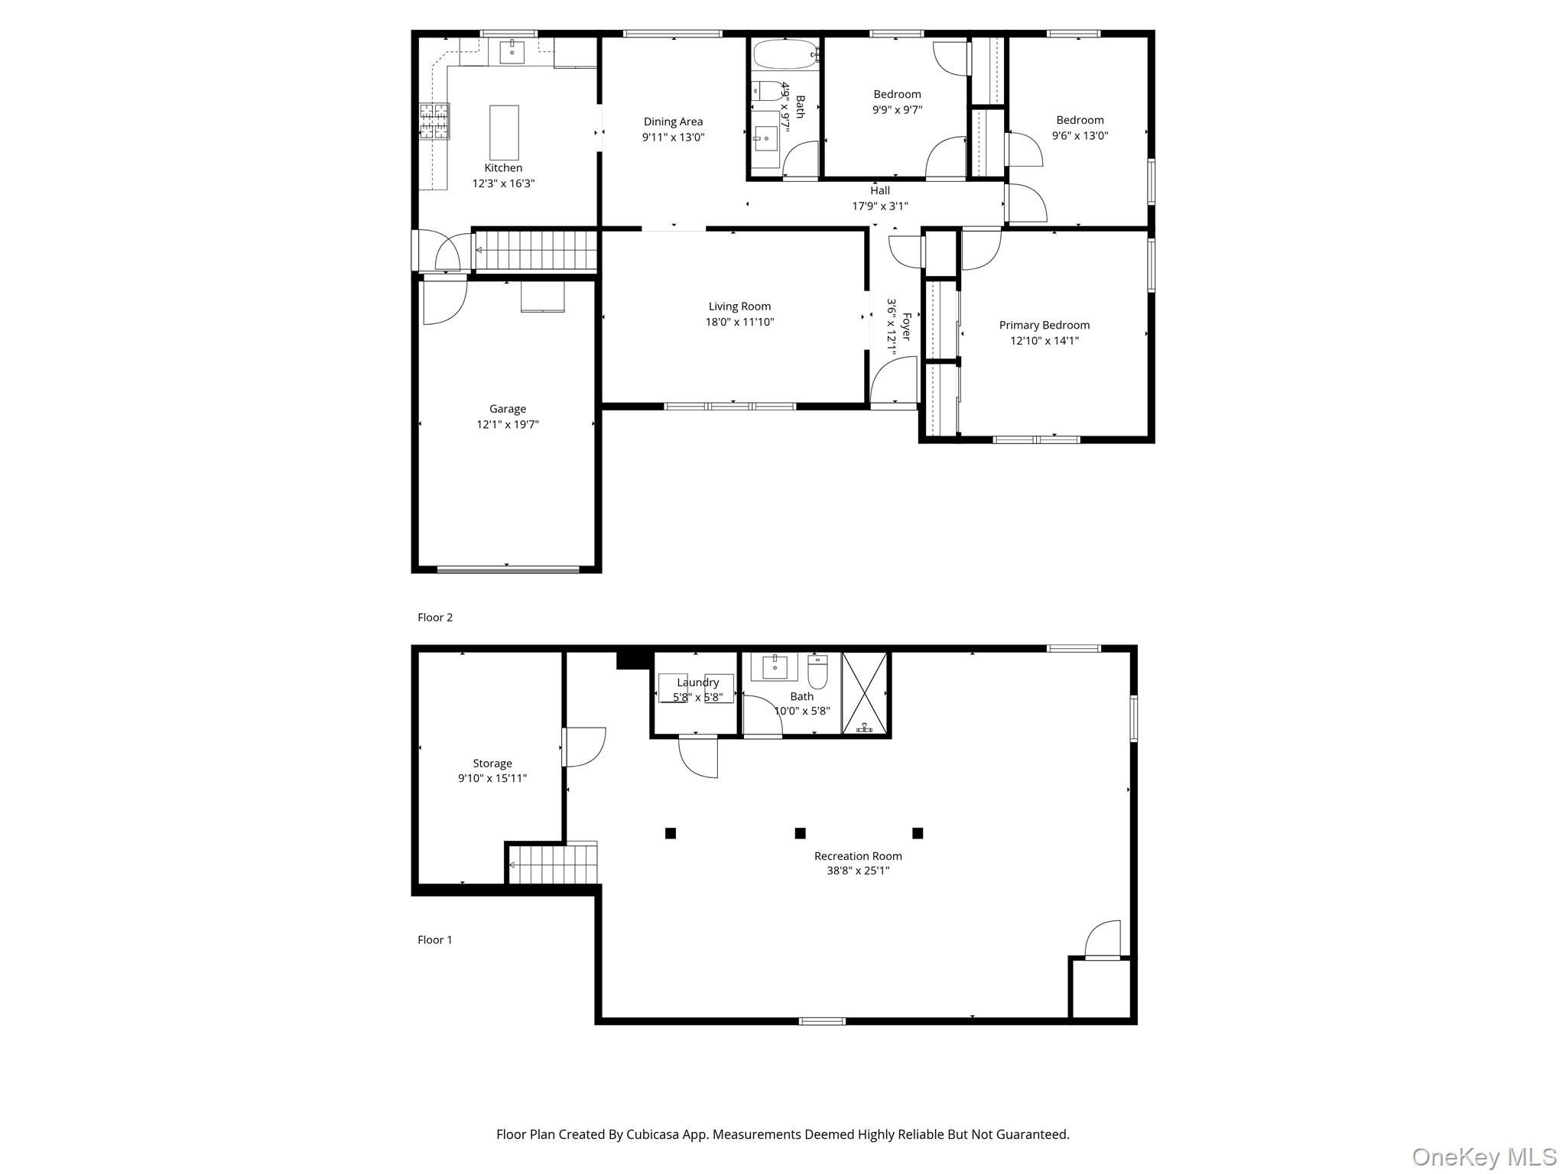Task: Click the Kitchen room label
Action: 503,168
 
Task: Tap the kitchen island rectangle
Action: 504,132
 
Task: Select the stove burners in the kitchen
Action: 434,122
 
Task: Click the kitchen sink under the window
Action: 512,52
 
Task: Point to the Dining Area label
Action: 673,122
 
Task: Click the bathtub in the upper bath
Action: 785,55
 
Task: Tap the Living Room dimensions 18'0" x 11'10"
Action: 739,323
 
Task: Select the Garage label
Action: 508,409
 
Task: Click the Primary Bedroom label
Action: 1045,326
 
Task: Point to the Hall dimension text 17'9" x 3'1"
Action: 880,206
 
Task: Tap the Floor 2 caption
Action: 435,618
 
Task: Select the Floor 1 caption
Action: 435,940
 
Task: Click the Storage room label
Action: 492,764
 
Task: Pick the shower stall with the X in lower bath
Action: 866,693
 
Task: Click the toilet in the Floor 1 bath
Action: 818,672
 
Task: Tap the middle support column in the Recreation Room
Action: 800,833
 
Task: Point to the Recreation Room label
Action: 858,856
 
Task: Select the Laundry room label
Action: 697,683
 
